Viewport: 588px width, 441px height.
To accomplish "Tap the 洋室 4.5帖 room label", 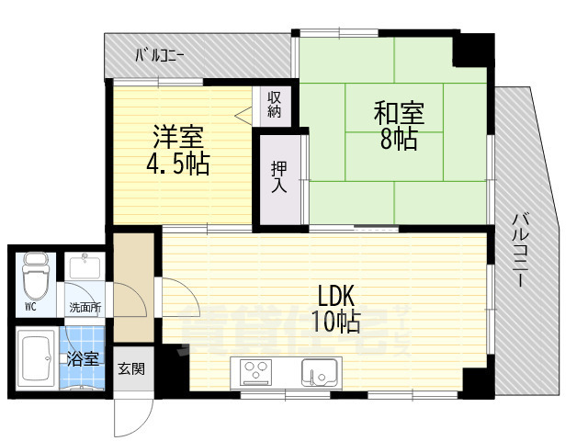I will point(178,151).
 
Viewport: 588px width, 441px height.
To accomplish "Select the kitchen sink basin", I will point(320,374).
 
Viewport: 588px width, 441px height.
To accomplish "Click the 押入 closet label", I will point(279,176).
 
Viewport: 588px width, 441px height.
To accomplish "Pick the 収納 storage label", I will point(274,105).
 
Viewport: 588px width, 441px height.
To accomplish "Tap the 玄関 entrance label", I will point(131,369).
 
